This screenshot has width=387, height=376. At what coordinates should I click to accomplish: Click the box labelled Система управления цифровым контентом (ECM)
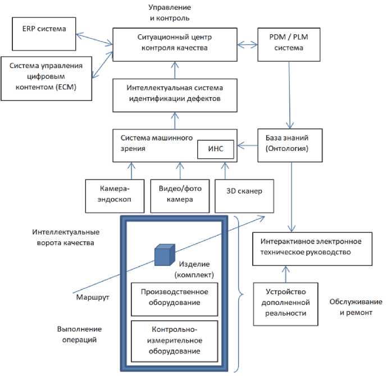click(x=46, y=78)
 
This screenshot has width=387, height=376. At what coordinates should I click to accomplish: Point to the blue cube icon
click(x=163, y=255)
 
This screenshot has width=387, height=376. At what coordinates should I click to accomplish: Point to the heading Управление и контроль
click(x=170, y=13)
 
